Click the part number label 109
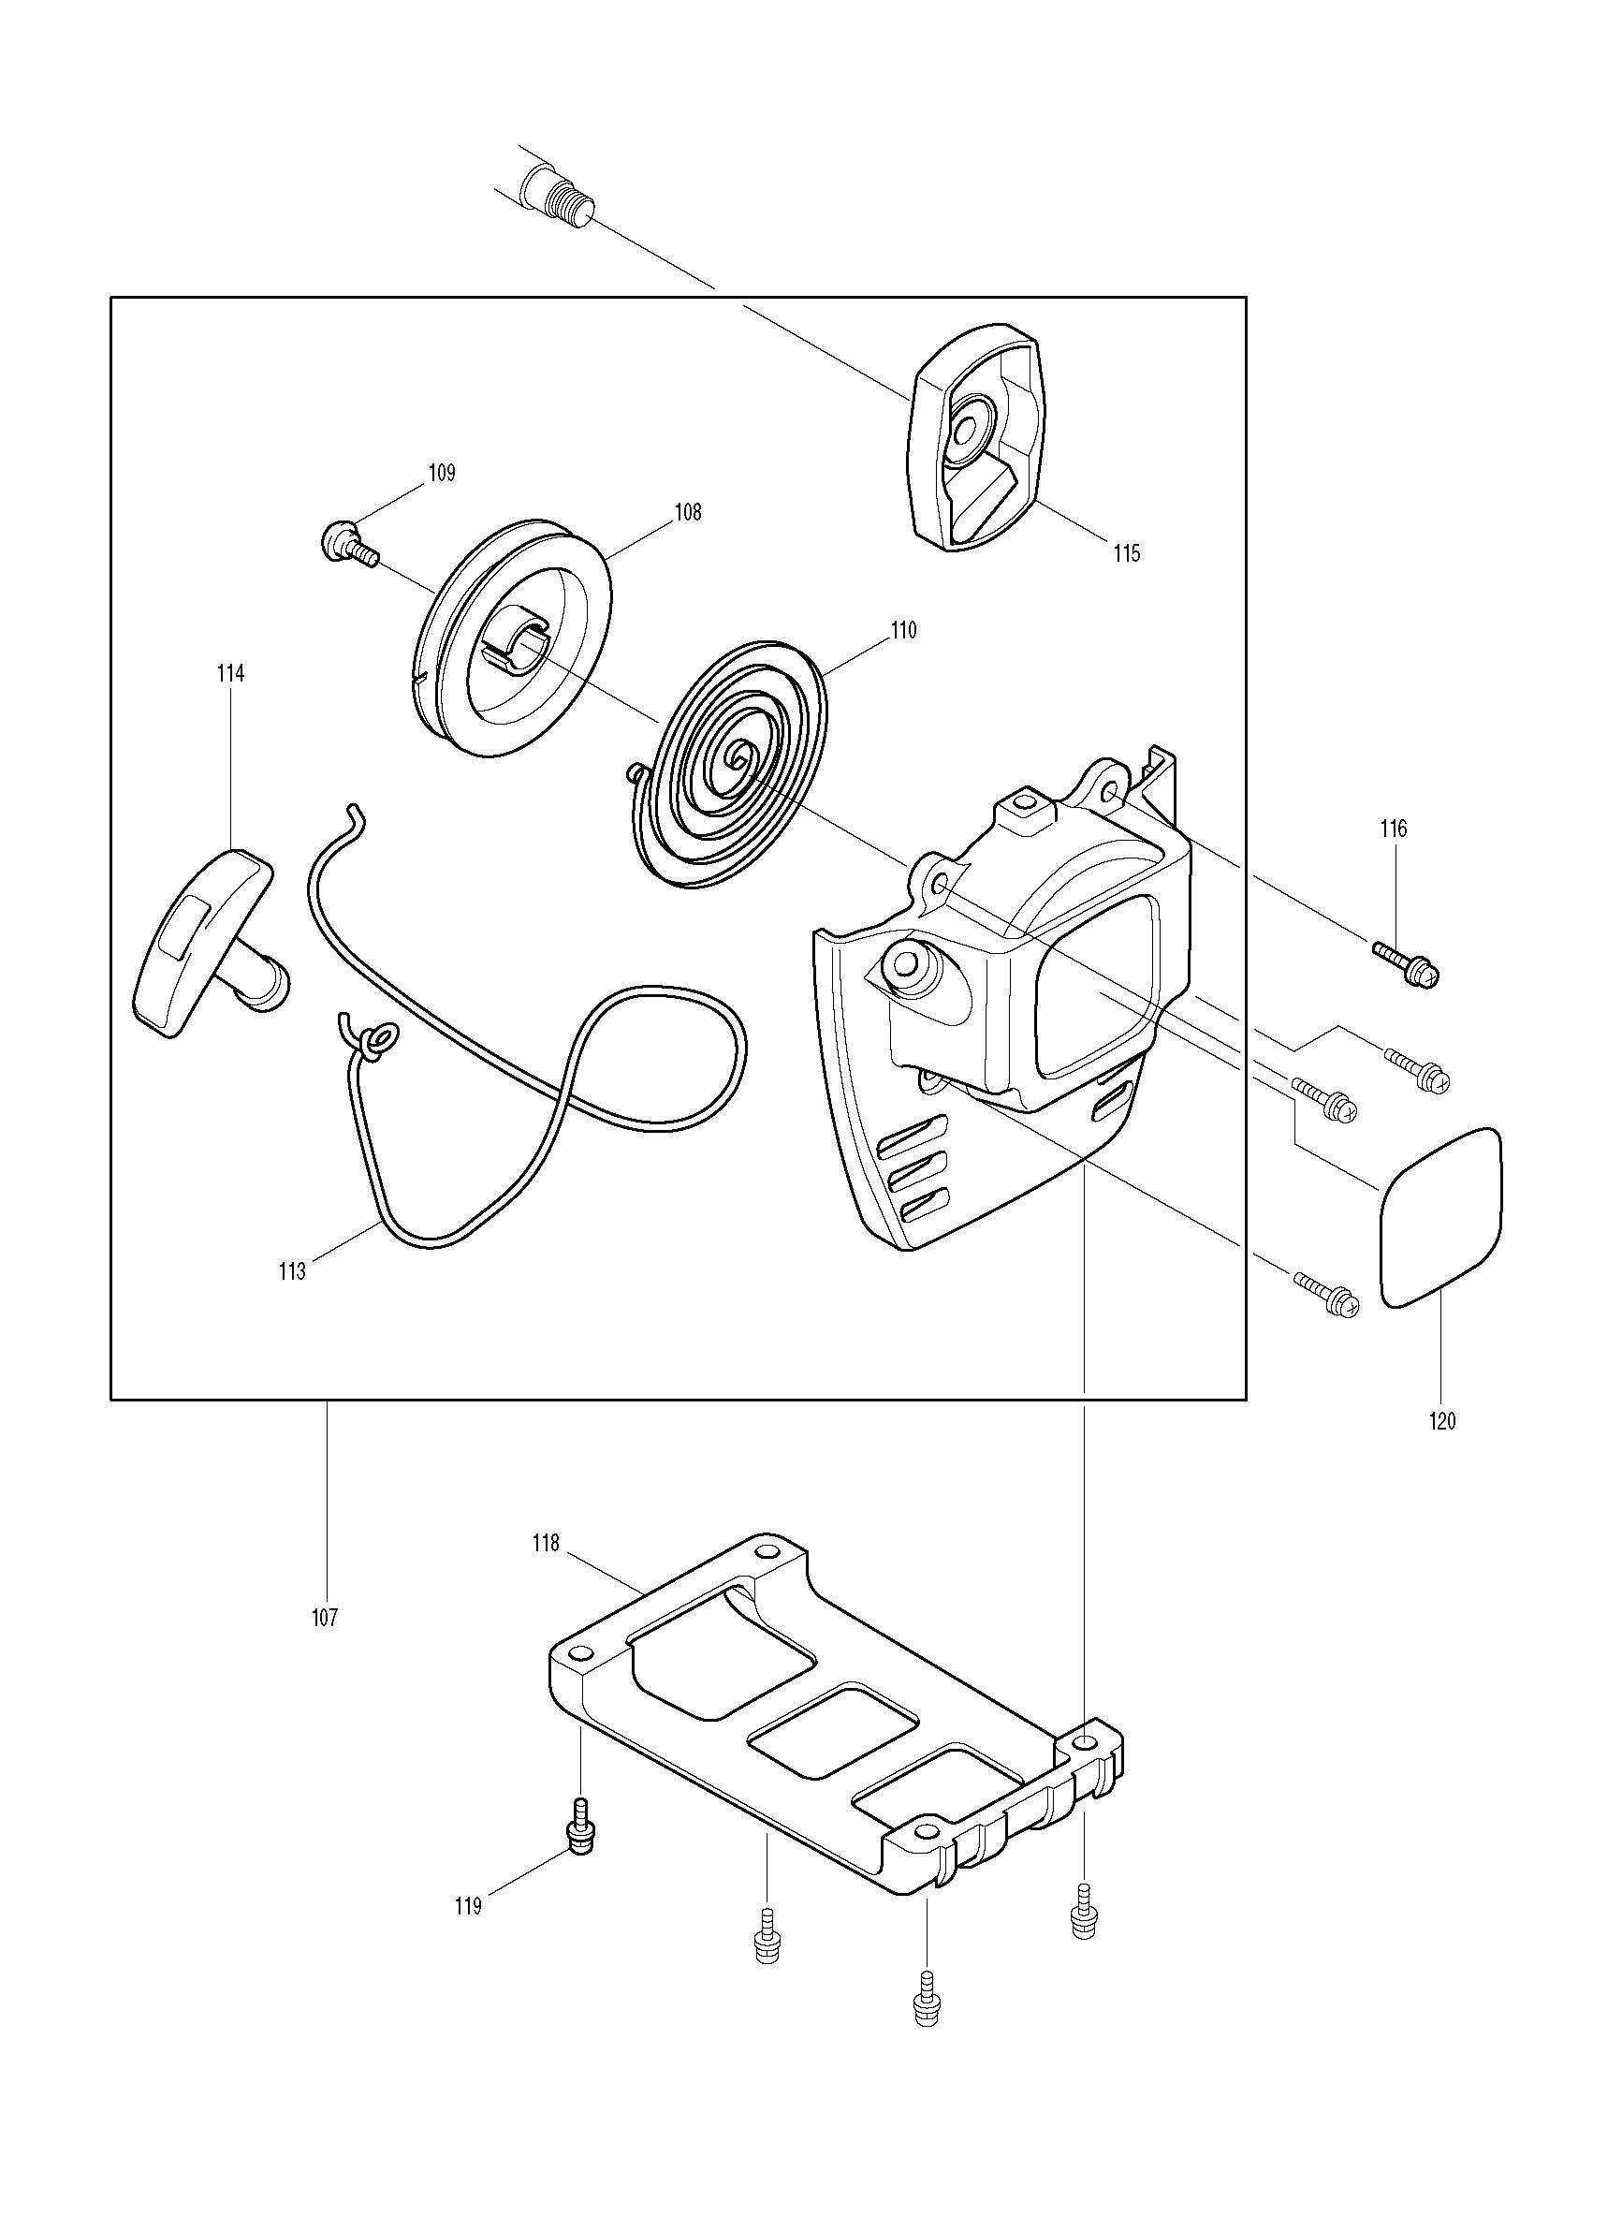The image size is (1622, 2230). (x=442, y=473)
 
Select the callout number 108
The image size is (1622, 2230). (x=688, y=512)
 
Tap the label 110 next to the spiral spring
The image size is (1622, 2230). (x=903, y=630)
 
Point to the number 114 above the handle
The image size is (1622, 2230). (x=231, y=673)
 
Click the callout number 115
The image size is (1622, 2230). (x=1128, y=553)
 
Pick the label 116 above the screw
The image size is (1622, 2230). (x=1393, y=829)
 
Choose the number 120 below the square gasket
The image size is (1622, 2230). (x=1442, y=1421)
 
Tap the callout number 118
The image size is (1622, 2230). (x=546, y=1544)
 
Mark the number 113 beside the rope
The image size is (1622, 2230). (x=292, y=1271)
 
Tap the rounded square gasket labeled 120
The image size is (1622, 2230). (x=1441, y=1218)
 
